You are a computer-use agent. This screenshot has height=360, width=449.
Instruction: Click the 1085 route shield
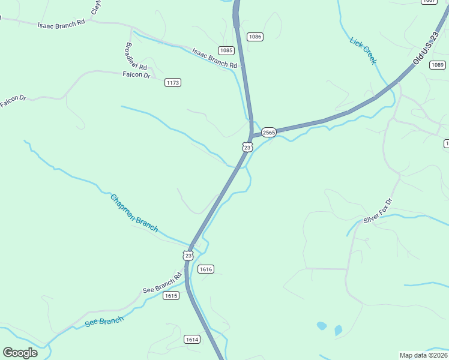[226, 50]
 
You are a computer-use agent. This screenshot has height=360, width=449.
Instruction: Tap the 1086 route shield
[255, 37]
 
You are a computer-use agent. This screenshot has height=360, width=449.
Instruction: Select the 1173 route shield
[173, 82]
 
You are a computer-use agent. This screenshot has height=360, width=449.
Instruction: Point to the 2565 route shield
[268, 132]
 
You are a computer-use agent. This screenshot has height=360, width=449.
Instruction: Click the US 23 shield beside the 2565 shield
[247, 146]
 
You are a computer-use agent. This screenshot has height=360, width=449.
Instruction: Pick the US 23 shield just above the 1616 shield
[188, 255]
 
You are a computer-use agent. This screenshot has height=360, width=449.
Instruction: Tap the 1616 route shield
[206, 269]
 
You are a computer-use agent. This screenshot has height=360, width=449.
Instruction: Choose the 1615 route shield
[171, 296]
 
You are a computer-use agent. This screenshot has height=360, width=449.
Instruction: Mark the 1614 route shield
[192, 340]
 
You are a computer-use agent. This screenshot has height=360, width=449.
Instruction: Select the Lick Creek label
[363, 50]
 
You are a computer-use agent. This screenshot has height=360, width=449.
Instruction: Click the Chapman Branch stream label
[134, 212]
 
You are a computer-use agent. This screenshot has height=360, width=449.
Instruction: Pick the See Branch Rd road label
[162, 283]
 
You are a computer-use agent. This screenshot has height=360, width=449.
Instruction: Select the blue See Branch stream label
[104, 322]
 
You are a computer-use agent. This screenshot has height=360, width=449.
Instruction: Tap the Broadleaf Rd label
[136, 56]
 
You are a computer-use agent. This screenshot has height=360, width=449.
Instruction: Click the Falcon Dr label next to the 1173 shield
[136, 74]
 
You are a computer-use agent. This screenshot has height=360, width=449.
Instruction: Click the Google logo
[20, 353]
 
